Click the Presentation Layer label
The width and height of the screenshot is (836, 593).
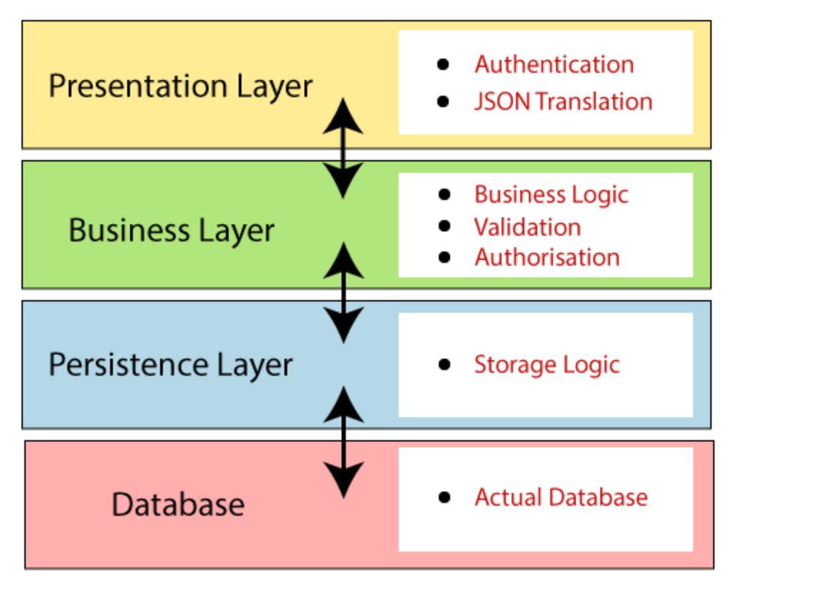[180, 86]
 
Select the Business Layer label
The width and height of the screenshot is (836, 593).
[171, 230]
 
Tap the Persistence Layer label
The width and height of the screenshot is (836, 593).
[170, 364]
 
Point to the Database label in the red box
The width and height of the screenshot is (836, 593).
[178, 504]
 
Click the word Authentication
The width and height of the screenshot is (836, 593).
[554, 64]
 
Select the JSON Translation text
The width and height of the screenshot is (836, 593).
[563, 101]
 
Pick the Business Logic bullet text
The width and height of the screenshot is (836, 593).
[551, 194]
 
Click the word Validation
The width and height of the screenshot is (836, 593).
[527, 227]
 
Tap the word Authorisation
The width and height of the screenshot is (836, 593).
[547, 257]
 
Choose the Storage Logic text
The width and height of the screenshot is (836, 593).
[547, 364]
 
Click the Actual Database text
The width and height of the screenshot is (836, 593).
[561, 497]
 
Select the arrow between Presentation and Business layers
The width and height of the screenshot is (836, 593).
[344, 148]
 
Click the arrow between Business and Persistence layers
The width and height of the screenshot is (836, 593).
[344, 292]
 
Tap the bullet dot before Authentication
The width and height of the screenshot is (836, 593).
[444, 64]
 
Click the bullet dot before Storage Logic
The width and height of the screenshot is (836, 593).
[444, 364]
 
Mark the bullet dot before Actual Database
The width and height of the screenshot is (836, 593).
[444, 497]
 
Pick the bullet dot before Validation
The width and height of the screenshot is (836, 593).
[444, 226]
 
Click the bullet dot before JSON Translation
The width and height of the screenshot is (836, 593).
[444, 101]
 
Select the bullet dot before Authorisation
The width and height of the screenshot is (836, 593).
[444, 256]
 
